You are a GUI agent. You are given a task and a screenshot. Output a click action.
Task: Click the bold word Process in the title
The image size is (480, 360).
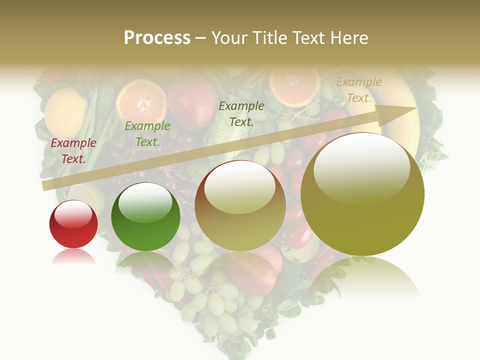click(157, 38)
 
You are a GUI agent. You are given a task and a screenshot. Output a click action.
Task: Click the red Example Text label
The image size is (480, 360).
click(73, 151)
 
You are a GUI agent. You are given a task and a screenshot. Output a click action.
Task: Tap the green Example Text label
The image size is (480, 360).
click(147, 134)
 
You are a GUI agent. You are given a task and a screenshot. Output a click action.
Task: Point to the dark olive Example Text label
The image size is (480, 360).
click(241, 113)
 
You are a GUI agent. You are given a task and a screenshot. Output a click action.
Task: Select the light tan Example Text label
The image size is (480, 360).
click(358, 90)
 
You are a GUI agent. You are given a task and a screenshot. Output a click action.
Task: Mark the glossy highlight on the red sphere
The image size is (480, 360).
click(73, 214)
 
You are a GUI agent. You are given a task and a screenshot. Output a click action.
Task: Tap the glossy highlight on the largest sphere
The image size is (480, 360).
click(361, 167)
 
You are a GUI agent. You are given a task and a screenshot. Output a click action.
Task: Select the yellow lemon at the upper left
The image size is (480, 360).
click(65, 112)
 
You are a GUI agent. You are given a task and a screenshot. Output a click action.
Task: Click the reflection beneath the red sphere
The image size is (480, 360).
click(73, 256)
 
